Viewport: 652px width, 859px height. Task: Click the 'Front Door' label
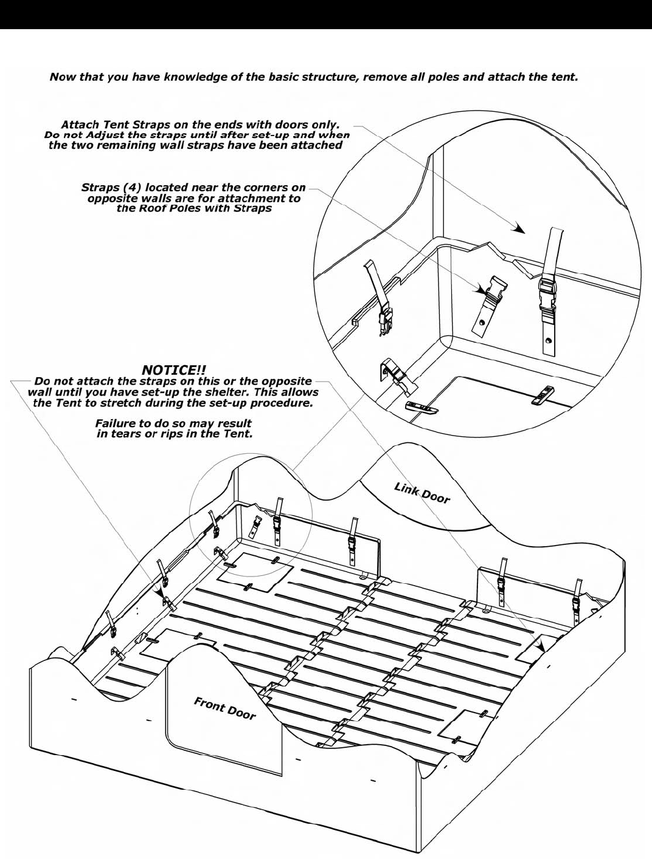224,708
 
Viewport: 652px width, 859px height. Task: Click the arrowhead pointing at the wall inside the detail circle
518,230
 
